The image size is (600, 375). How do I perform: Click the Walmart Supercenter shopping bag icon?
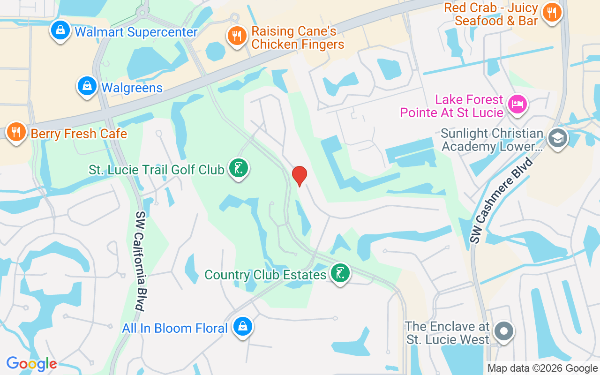tap(60, 30)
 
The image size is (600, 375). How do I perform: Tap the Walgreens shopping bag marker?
tap(87, 86)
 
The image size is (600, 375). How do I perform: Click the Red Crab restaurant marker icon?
tap(553, 12)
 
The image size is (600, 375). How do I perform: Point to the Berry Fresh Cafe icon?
tap(16, 132)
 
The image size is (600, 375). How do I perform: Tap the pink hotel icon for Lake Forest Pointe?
tap(517, 104)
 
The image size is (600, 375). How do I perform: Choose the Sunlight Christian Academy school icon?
tap(558, 138)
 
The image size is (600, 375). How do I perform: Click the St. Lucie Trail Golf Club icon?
tap(239, 168)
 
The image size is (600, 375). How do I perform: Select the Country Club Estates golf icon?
tap(340, 273)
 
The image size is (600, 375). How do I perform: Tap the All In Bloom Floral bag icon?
tap(242, 326)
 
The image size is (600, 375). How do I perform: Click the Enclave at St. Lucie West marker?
tap(504, 331)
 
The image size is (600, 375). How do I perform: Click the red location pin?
tap(299, 176)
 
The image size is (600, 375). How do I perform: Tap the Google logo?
tap(31, 364)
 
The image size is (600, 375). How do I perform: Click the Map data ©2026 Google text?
tap(542, 368)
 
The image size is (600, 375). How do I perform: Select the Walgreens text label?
tap(132, 88)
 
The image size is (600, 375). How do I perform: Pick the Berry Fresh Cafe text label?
tap(79, 134)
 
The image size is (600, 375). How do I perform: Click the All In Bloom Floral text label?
tap(175, 328)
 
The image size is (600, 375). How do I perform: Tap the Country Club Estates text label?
tap(265, 275)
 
